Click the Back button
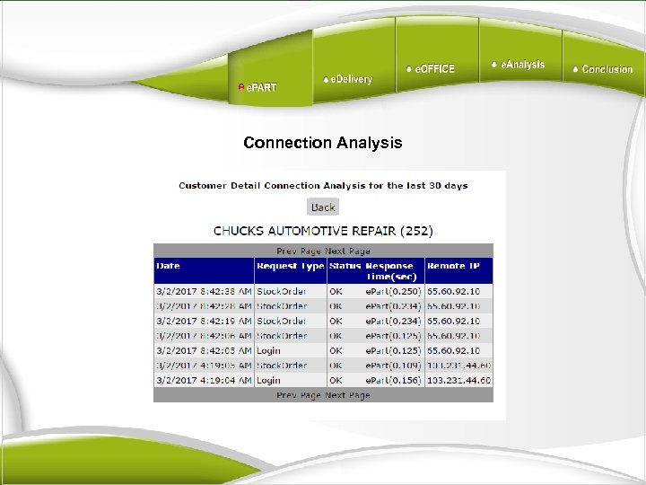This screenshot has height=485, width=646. point(322,207)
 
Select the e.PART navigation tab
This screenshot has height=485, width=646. point(258,87)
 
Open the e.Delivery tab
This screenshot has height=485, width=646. point(348,80)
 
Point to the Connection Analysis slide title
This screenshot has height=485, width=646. point(322,143)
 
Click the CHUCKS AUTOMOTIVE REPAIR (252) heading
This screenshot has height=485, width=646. point(322,231)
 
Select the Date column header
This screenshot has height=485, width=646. point(168,266)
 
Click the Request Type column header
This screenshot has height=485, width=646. point(290,266)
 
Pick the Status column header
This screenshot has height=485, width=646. point(345,266)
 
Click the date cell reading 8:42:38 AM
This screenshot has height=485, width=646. point(204,292)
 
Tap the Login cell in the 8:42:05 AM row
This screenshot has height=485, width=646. point(268,350)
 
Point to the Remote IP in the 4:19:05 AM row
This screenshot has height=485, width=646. point(458,366)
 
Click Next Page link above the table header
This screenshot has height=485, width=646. point(347,251)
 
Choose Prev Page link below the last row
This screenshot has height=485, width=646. point(299,395)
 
